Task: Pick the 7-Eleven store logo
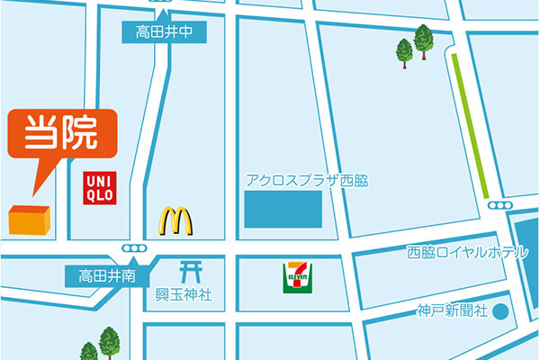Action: point(297,276)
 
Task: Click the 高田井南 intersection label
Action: point(106,275)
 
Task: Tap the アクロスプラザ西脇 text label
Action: point(307,180)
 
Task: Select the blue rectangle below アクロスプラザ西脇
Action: point(283,210)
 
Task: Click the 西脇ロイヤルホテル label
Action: point(467,253)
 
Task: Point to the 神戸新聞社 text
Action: point(451,311)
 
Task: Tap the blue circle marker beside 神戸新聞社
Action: point(502,311)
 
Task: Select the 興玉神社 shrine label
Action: point(183,294)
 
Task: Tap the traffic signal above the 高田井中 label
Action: point(163,7)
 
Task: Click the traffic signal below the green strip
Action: point(495,206)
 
